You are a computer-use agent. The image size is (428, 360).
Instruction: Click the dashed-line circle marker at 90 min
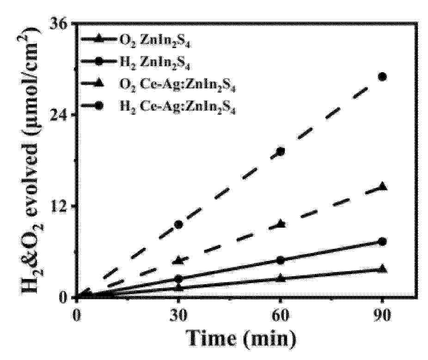tap(382, 76)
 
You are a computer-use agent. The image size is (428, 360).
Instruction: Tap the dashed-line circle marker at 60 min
tap(280, 151)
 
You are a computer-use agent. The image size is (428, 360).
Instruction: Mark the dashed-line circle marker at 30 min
tap(178, 224)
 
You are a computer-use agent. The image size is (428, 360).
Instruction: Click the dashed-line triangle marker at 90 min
tap(382, 186)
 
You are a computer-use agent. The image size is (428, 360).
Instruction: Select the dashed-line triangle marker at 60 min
tap(280, 224)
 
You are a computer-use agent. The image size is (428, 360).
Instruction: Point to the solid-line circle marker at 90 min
tap(382, 242)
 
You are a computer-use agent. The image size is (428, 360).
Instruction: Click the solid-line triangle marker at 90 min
tap(382, 269)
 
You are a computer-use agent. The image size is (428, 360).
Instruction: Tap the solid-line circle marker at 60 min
tap(280, 260)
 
